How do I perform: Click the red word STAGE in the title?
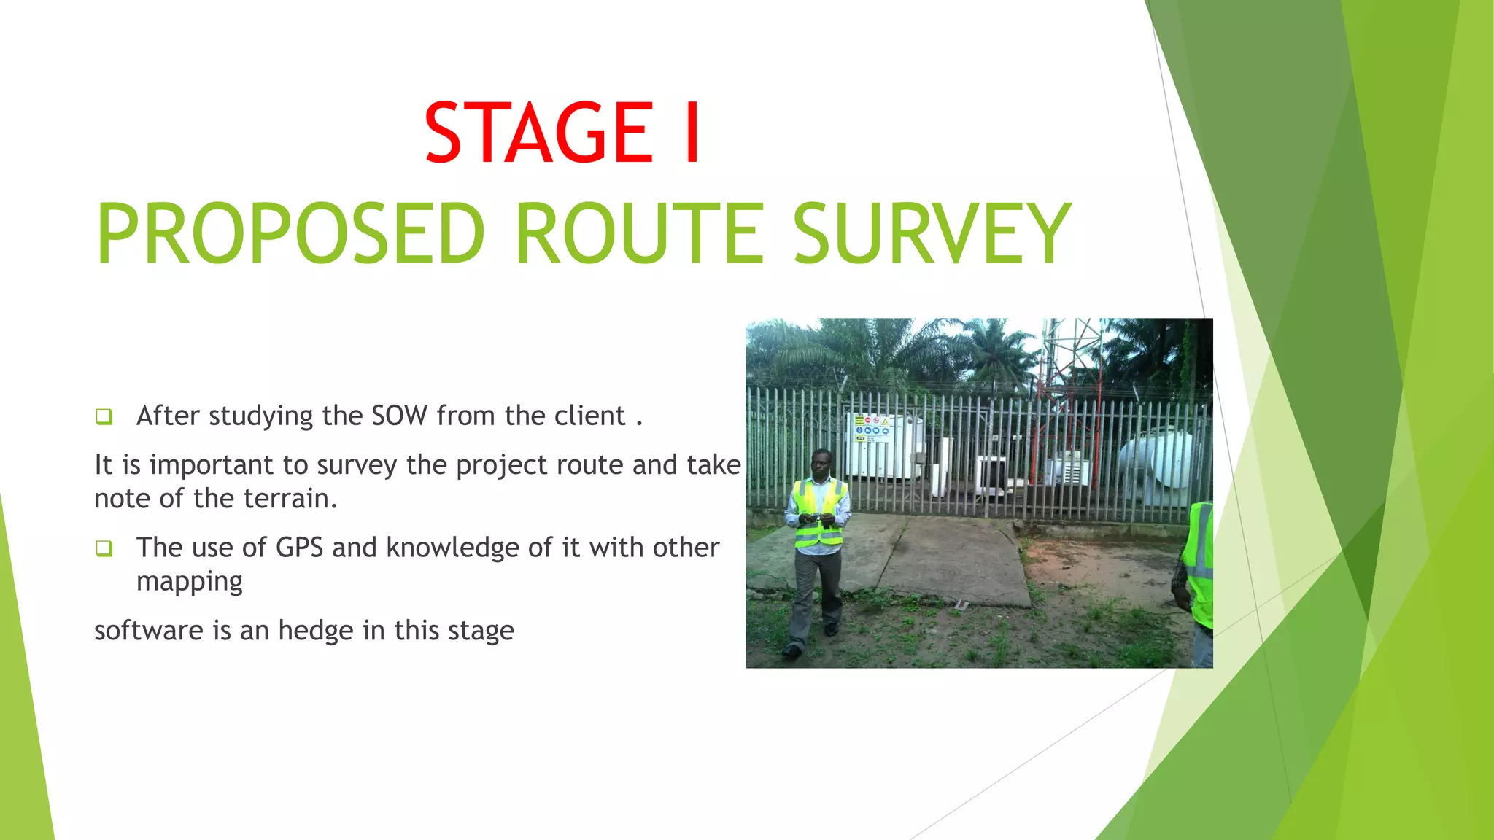539,133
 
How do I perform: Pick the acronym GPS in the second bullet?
299,548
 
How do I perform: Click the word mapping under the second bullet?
189,582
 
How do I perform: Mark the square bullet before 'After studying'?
104,417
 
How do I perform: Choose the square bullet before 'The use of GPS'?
104,548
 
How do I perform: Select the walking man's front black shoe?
791,650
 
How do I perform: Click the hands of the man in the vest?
816,519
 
